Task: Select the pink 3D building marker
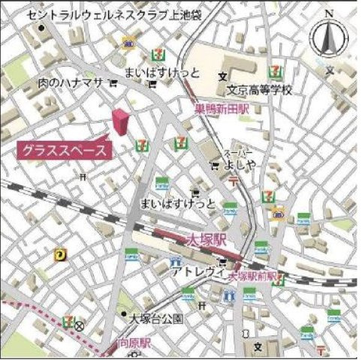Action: (x=119, y=122)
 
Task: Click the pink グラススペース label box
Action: (x=65, y=148)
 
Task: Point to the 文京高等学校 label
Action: (x=259, y=89)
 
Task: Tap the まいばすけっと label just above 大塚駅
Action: (x=178, y=202)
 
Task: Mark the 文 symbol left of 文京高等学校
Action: (x=222, y=76)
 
